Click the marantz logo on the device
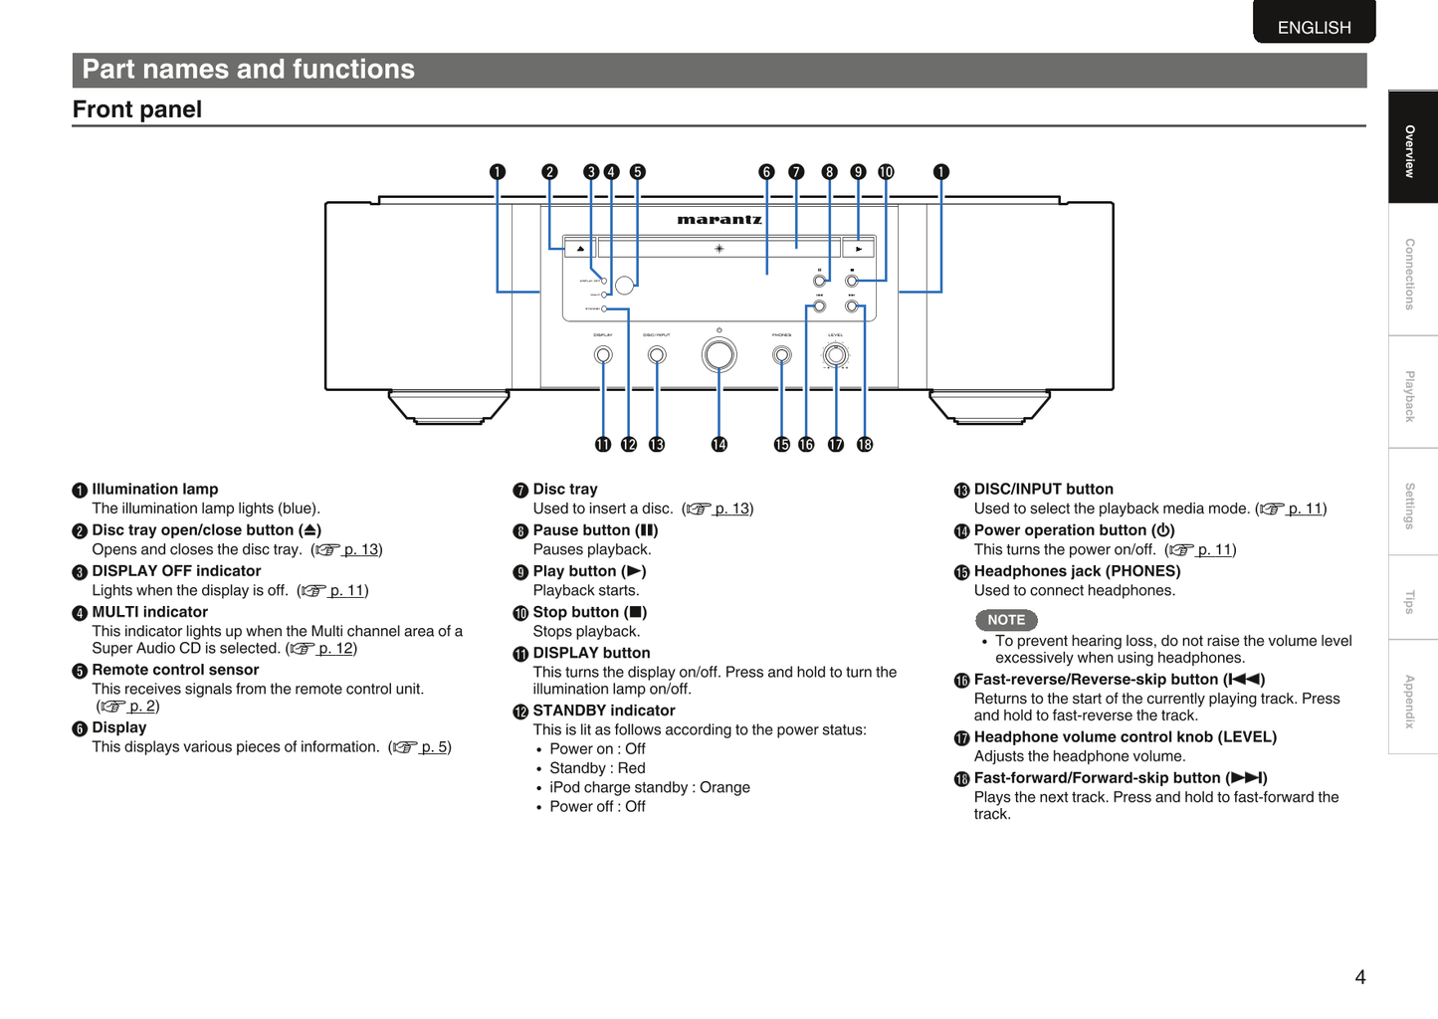(x=719, y=219)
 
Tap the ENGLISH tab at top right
(x=1314, y=27)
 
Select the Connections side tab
(x=1410, y=274)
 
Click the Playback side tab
(x=1410, y=396)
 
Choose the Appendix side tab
(x=1410, y=701)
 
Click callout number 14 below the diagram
(x=719, y=445)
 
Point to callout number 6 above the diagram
(x=766, y=172)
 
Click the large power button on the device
(x=719, y=355)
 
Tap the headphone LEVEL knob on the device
(x=836, y=355)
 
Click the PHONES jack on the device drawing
(x=782, y=355)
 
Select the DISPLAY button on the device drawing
(x=603, y=355)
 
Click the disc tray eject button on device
(x=580, y=248)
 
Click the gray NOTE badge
(x=1006, y=620)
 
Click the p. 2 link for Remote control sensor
(x=142, y=706)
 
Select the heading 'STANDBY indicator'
(x=603, y=711)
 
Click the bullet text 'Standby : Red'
(x=597, y=768)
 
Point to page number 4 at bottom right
(x=1360, y=977)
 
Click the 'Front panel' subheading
(x=137, y=109)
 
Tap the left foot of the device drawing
(x=449, y=407)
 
